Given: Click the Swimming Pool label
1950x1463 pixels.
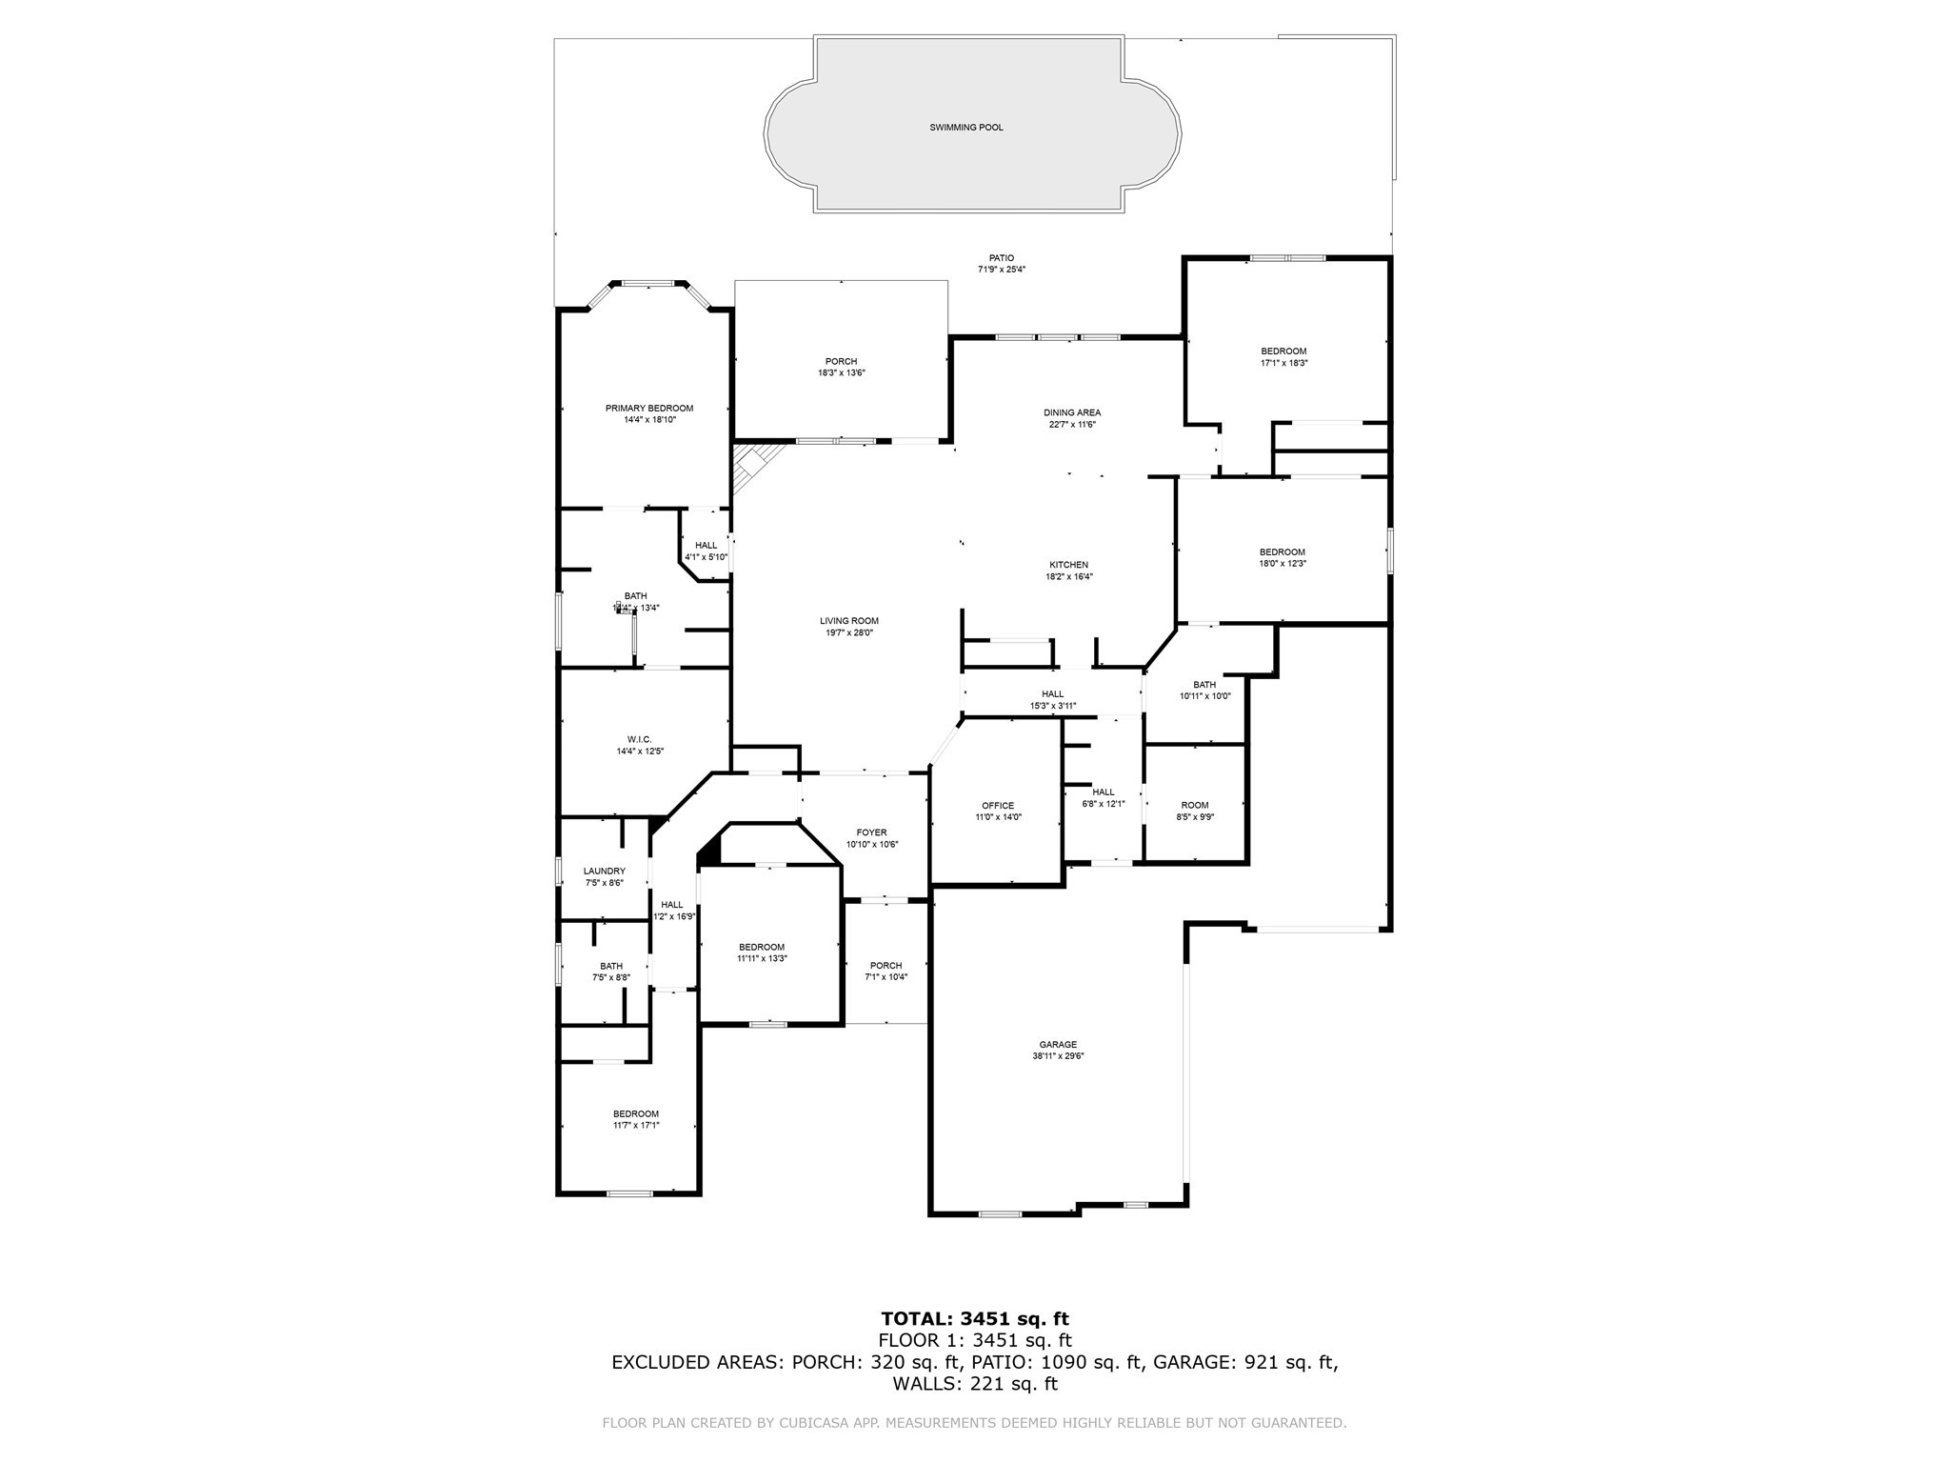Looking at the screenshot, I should tap(965, 128).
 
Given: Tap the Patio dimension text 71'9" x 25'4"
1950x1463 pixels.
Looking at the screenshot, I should tap(1001, 270).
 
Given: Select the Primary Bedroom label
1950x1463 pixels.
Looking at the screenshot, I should tap(648, 409).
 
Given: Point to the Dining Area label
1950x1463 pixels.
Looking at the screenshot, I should tap(1071, 413).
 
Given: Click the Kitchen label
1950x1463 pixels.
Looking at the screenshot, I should tap(1068, 565).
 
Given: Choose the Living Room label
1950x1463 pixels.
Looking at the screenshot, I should tap(848, 621).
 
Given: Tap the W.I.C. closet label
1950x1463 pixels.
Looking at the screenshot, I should tap(639, 739).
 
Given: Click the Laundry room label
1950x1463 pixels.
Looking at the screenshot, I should tap(604, 871).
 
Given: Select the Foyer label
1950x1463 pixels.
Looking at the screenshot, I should tap(871, 832).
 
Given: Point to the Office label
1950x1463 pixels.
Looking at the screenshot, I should tap(997, 806).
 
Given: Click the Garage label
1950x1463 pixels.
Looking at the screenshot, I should tap(1058, 1044).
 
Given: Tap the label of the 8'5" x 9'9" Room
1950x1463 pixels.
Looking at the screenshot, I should tap(1194, 805).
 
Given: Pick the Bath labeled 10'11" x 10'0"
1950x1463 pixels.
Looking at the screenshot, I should tap(1204, 684).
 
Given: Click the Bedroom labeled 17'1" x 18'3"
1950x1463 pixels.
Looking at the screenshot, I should tap(1283, 351).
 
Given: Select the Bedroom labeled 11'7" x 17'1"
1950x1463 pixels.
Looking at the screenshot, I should tap(635, 1113).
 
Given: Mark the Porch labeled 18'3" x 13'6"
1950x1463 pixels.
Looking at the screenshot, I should tap(841, 361).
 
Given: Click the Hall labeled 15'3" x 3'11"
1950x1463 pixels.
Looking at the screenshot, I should tap(1052, 694).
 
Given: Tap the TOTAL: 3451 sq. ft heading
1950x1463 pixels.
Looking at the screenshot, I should tap(974, 1319).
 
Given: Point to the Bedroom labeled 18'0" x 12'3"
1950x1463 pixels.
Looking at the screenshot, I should tap(1282, 552).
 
